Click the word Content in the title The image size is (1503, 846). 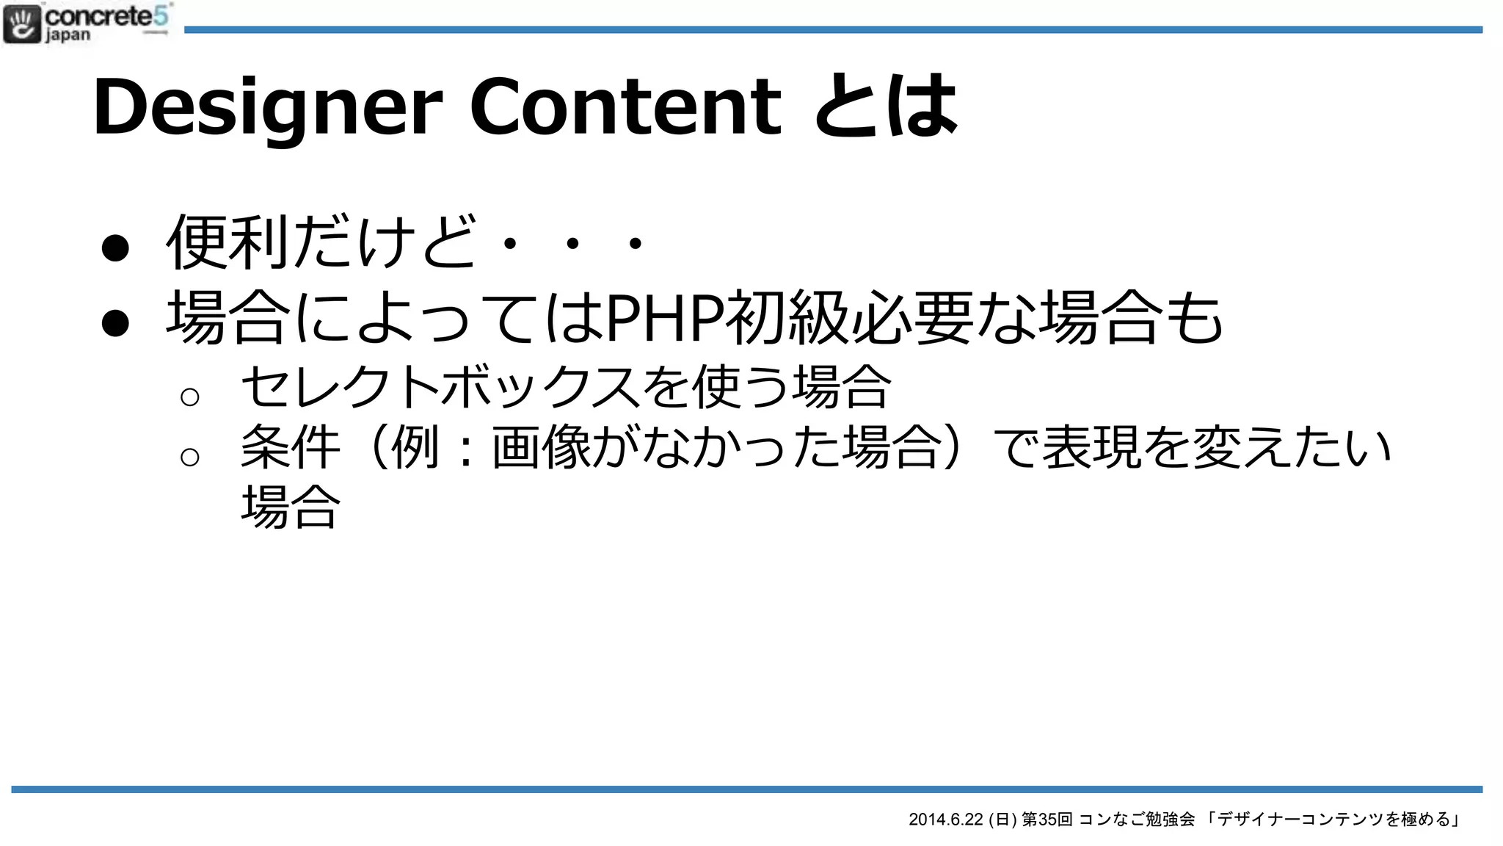click(625, 107)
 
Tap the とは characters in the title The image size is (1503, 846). click(886, 107)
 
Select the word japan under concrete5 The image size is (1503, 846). click(68, 35)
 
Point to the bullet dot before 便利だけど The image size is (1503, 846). click(115, 247)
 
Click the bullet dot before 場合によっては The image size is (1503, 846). click(115, 322)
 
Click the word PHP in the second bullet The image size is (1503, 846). click(664, 318)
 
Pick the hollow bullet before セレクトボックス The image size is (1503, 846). click(189, 397)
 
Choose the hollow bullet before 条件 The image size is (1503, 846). click(189, 457)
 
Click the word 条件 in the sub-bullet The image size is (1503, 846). click(291, 447)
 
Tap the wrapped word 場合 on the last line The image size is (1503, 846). click(291, 507)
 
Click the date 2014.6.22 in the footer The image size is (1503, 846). click(945, 820)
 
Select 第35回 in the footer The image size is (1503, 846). click(1047, 820)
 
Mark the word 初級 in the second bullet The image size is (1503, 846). click(788, 318)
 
